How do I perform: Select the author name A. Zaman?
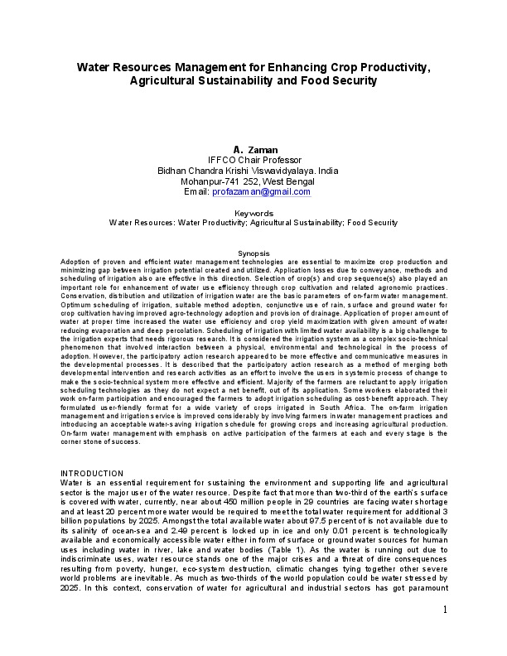click(x=254, y=149)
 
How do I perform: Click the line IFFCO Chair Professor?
click(x=254, y=160)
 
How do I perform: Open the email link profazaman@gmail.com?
click(x=261, y=191)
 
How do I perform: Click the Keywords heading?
click(x=254, y=214)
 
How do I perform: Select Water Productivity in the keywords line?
click(x=235, y=223)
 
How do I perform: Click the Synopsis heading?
click(x=254, y=253)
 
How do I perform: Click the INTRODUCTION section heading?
click(x=92, y=473)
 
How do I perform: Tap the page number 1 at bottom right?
click(x=445, y=610)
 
